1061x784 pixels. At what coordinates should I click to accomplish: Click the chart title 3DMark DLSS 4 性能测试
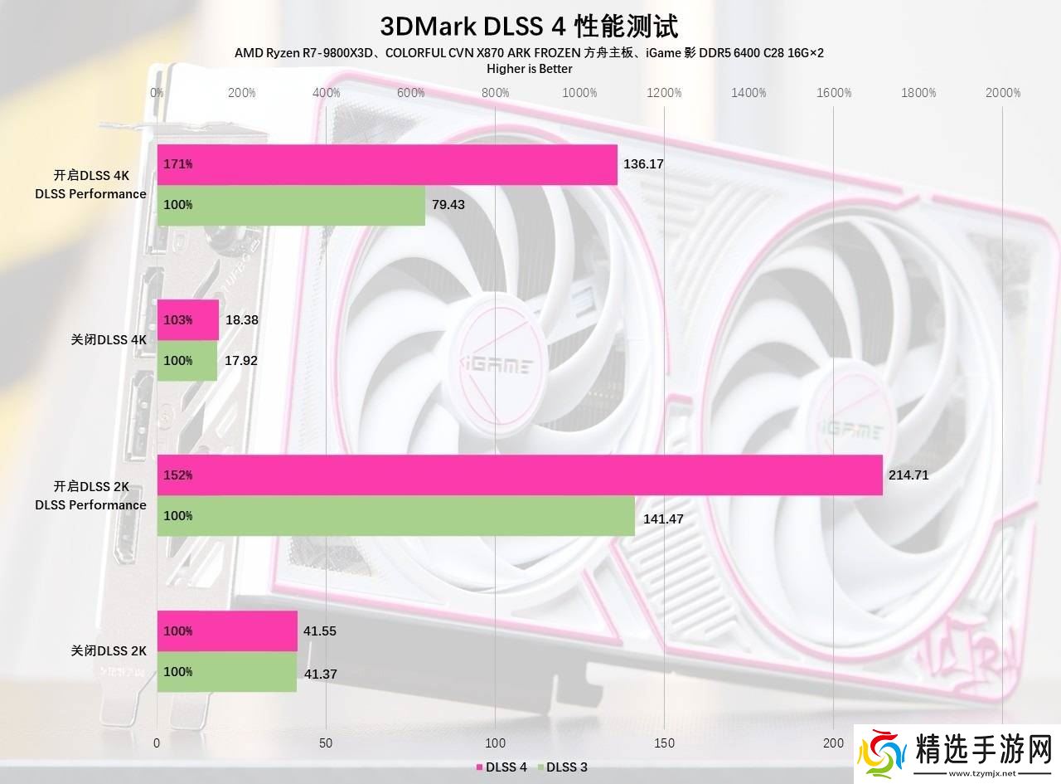pos(529,26)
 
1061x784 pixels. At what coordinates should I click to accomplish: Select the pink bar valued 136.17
pos(387,164)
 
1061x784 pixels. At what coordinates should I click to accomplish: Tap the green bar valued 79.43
pos(291,205)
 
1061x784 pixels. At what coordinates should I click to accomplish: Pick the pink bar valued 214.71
pos(520,475)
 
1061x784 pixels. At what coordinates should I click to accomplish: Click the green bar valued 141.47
pos(396,516)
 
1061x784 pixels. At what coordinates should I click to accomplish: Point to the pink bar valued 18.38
pos(188,319)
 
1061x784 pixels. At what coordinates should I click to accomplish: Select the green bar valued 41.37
pos(227,672)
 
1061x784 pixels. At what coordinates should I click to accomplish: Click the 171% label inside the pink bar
pos(178,164)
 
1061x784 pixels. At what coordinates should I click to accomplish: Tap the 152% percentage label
pos(178,475)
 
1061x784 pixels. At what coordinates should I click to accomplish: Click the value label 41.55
pos(320,631)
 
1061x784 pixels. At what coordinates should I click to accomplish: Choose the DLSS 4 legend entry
pos(501,767)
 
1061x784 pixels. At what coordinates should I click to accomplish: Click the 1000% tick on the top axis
pos(579,93)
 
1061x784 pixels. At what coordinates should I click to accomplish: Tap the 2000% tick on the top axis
pos(1002,93)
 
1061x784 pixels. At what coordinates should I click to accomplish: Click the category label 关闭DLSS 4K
pos(109,340)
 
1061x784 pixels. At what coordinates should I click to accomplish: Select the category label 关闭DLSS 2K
pos(109,651)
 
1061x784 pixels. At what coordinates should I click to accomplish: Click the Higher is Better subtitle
pos(529,69)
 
